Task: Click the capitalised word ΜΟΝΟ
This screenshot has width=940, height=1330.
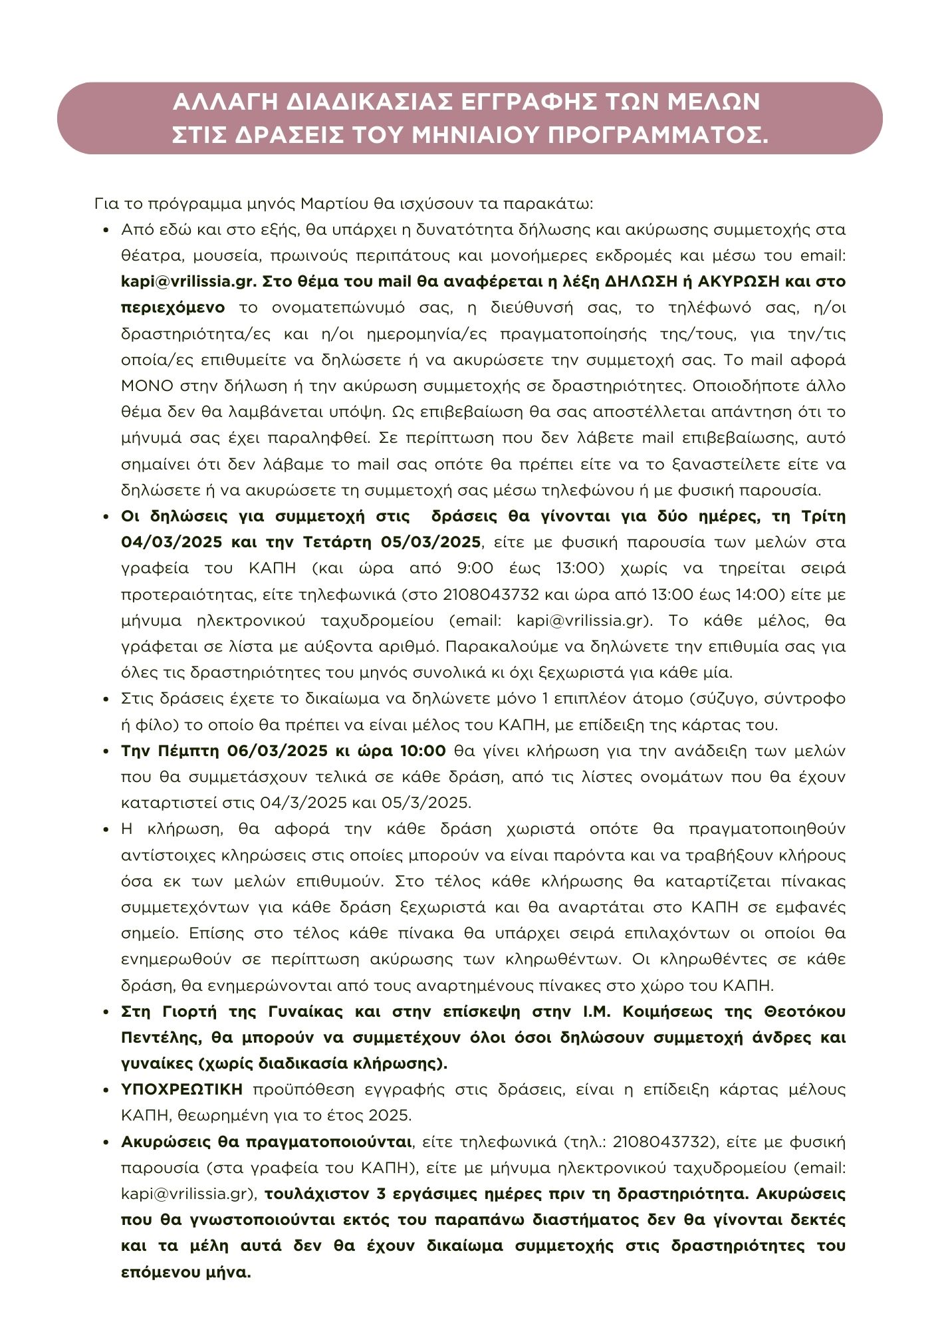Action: click(x=147, y=386)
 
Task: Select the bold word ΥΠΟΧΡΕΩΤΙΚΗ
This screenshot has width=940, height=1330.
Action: click(x=182, y=1090)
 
